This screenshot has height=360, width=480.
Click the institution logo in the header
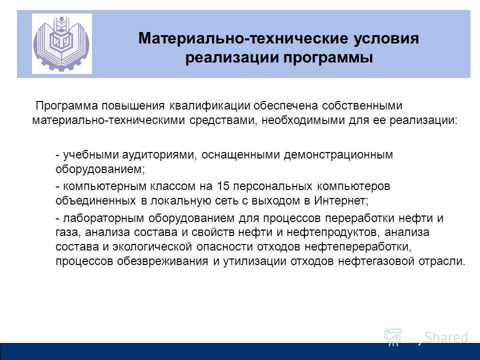[x=62, y=44]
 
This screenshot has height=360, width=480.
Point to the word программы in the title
[x=329, y=58]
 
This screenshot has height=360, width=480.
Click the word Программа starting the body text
[x=66, y=106]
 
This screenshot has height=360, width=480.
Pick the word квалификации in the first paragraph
[x=209, y=106]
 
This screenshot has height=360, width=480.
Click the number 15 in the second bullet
[x=223, y=186]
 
